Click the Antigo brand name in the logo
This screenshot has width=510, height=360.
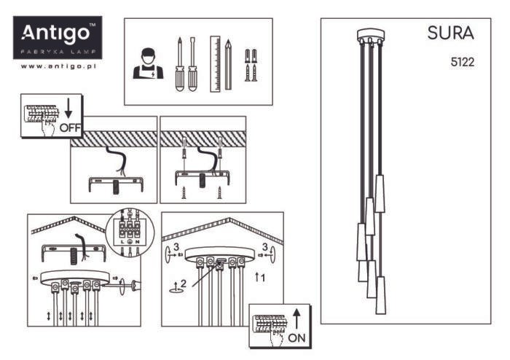[x=55, y=34]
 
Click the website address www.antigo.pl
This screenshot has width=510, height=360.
[x=58, y=66]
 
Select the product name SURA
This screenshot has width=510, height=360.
[x=450, y=34]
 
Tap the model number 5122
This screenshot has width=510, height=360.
[x=462, y=62]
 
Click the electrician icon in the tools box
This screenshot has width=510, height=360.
[x=148, y=63]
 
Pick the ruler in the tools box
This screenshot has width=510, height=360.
[x=215, y=64]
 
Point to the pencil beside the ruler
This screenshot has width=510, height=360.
[x=228, y=65]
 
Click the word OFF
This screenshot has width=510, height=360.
[x=70, y=128]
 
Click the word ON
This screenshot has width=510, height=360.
[x=297, y=338]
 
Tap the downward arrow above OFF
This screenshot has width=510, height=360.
[x=68, y=109]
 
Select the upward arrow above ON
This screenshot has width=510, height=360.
[x=297, y=319]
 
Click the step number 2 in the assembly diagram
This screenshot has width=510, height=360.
[x=183, y=283]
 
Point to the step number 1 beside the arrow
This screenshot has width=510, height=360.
[x=263, y=278]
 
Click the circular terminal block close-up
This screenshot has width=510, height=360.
[x=130, y=232]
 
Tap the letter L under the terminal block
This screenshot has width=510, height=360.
[x=122, y=242]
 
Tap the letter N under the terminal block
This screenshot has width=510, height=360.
[x=138, y=242]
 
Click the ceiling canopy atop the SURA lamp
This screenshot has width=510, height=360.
[x=370, y=36]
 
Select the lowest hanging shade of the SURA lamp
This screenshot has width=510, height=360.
[x=380, y=295]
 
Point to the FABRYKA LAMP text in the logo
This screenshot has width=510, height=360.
[x=58, y=52]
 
